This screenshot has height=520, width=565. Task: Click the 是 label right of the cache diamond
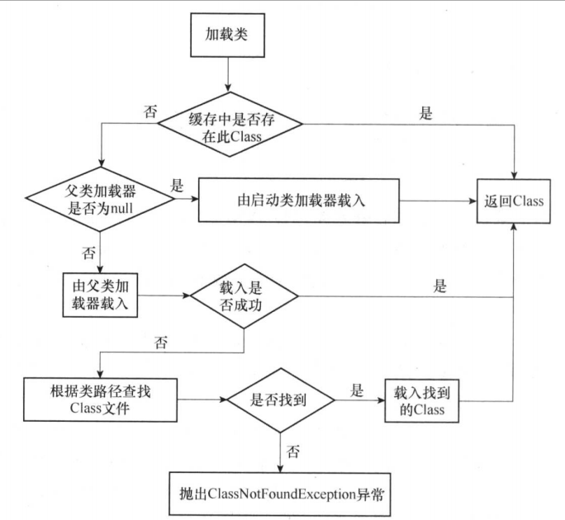pyautogui.click(x=426, y=115)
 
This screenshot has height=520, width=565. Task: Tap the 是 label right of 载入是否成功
pyautogui.click(x=439, y=286)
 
